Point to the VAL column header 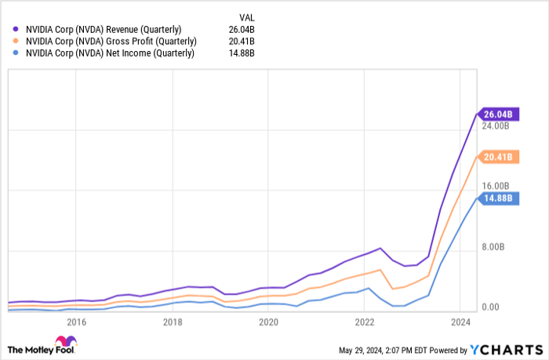click(x=245, y=16)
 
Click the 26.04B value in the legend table click(x=245, y=29)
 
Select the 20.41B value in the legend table click(x=245, y=41)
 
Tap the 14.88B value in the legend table click(x=245, y=53)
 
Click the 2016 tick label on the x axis click(x=76, y=322)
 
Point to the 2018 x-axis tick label click(x=173, y=322)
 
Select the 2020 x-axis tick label click(x=268, y=322)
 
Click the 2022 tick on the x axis click(x=364, y=322)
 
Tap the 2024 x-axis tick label click(x=460, y=322)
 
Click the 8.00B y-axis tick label click(x=496, y=247)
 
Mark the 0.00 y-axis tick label click(x=490, y=307)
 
